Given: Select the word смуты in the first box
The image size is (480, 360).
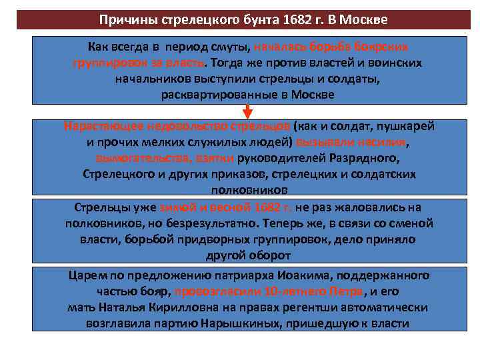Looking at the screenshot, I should tap(229, 48).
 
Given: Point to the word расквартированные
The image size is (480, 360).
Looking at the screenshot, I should tap(215, 95).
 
